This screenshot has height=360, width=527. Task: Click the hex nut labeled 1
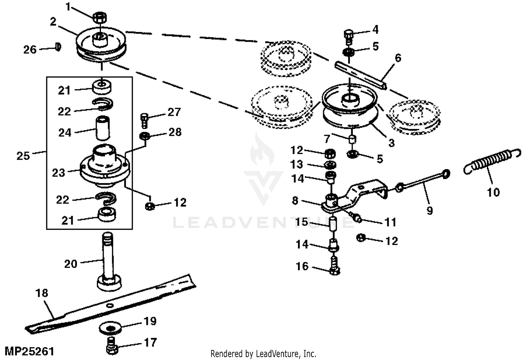pos(100,18)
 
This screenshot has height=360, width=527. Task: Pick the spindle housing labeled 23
pos(105,166)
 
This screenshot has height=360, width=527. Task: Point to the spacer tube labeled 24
pos(103,128)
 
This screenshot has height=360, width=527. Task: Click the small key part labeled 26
pos(58,47)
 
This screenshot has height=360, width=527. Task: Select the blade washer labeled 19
pos(110,328)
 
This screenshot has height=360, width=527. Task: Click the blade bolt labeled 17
pos(112,345)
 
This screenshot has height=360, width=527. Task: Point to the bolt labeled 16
pos(335,266)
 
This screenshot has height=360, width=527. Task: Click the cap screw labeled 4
pos(349,37)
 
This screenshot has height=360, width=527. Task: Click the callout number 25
pos(23,156)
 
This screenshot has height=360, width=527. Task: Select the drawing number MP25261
pos(30,352)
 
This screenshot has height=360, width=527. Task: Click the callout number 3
pos(391,143)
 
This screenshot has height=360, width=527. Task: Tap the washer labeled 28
pos(145,136)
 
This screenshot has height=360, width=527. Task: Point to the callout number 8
pos(295,201)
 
